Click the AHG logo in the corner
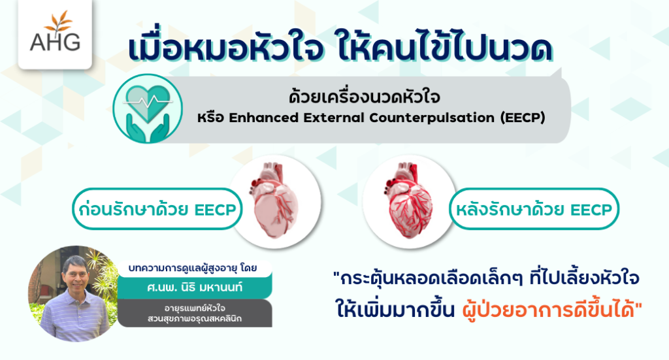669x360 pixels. click(55, 33)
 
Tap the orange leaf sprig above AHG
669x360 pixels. click(58, 22)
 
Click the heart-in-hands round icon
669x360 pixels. click(148, 108)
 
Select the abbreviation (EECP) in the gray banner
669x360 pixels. click(523, 118)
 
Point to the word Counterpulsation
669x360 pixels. click(432, 118)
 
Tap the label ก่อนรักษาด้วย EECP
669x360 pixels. click(157, 209)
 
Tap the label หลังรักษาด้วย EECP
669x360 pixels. click(534, 209)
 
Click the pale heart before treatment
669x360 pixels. click(275, 200)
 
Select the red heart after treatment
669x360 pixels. click(409, 200)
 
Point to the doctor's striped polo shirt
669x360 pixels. click(74, 317)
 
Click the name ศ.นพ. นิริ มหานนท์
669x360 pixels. click(195, 287)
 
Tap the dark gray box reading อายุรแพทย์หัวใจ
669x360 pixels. click(195, 313)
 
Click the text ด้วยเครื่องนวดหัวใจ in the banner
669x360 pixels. click(365, 97)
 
